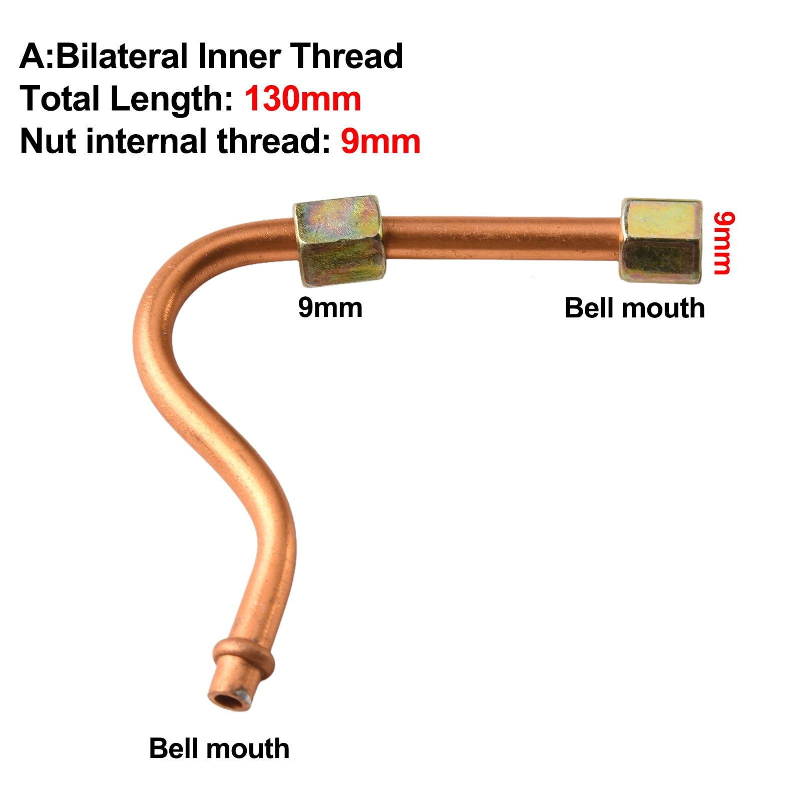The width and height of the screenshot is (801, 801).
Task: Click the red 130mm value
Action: [302, 99]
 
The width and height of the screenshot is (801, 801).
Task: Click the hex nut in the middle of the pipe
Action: [339, 241]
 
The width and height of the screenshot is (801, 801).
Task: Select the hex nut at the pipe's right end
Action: [661, 241]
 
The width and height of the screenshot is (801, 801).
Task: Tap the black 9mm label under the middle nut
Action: [330, 307]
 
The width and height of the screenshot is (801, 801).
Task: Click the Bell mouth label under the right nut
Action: [634, 308]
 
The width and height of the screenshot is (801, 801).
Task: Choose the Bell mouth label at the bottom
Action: [219, 749]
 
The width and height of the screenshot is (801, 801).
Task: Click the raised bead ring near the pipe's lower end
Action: [243, 657]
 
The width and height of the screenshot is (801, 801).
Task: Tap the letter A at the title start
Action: [33, 56]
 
